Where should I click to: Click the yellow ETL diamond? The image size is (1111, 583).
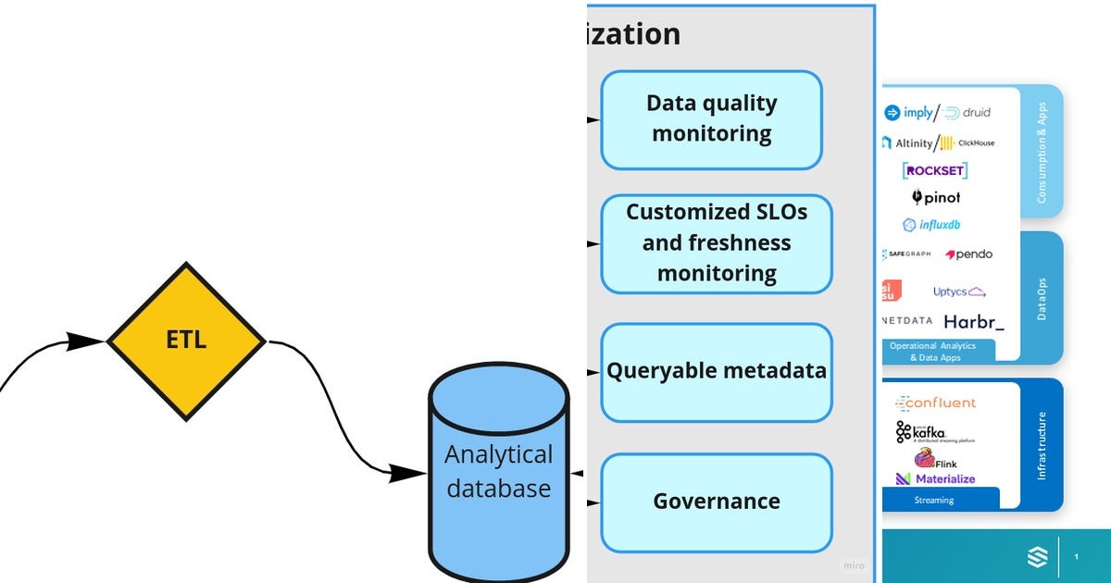pyautogui.click(x=186, y=341)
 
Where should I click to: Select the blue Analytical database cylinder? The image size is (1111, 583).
pyautogui.click(x=498, y=472)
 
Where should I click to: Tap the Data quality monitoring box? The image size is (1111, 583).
pyautogui.click(x=711, y=119)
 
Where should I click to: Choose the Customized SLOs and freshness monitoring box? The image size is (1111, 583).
pyautogui.click(x=716, y=242)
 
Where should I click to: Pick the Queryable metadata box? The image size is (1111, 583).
pyautogui.click(x=716, y=372)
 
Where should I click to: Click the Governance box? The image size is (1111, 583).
pyautogui.click(x=716, y=502)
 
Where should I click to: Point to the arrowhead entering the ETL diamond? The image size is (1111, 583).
pyautogui.click(x=89, y=341)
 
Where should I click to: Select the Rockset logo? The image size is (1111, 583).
pyautogui.click(x=935, y=170)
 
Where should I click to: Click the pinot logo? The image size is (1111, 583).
pyautogui.click(x=936, y=197)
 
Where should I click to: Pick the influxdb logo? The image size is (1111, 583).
pyautogui.click(x=934, y=225)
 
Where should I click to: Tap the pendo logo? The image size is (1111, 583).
pyautogui.click(x=968, y=254)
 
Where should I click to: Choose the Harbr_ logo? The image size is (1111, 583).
pyautogui.click(x=973, y=322)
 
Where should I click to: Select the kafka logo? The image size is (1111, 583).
pyautogui.click(x=929, y=432)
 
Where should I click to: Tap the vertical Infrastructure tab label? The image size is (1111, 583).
pyautogui.click(x=1042, y=444)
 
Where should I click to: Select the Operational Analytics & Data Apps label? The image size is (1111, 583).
pyautogui.click(x=938, y=352)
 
